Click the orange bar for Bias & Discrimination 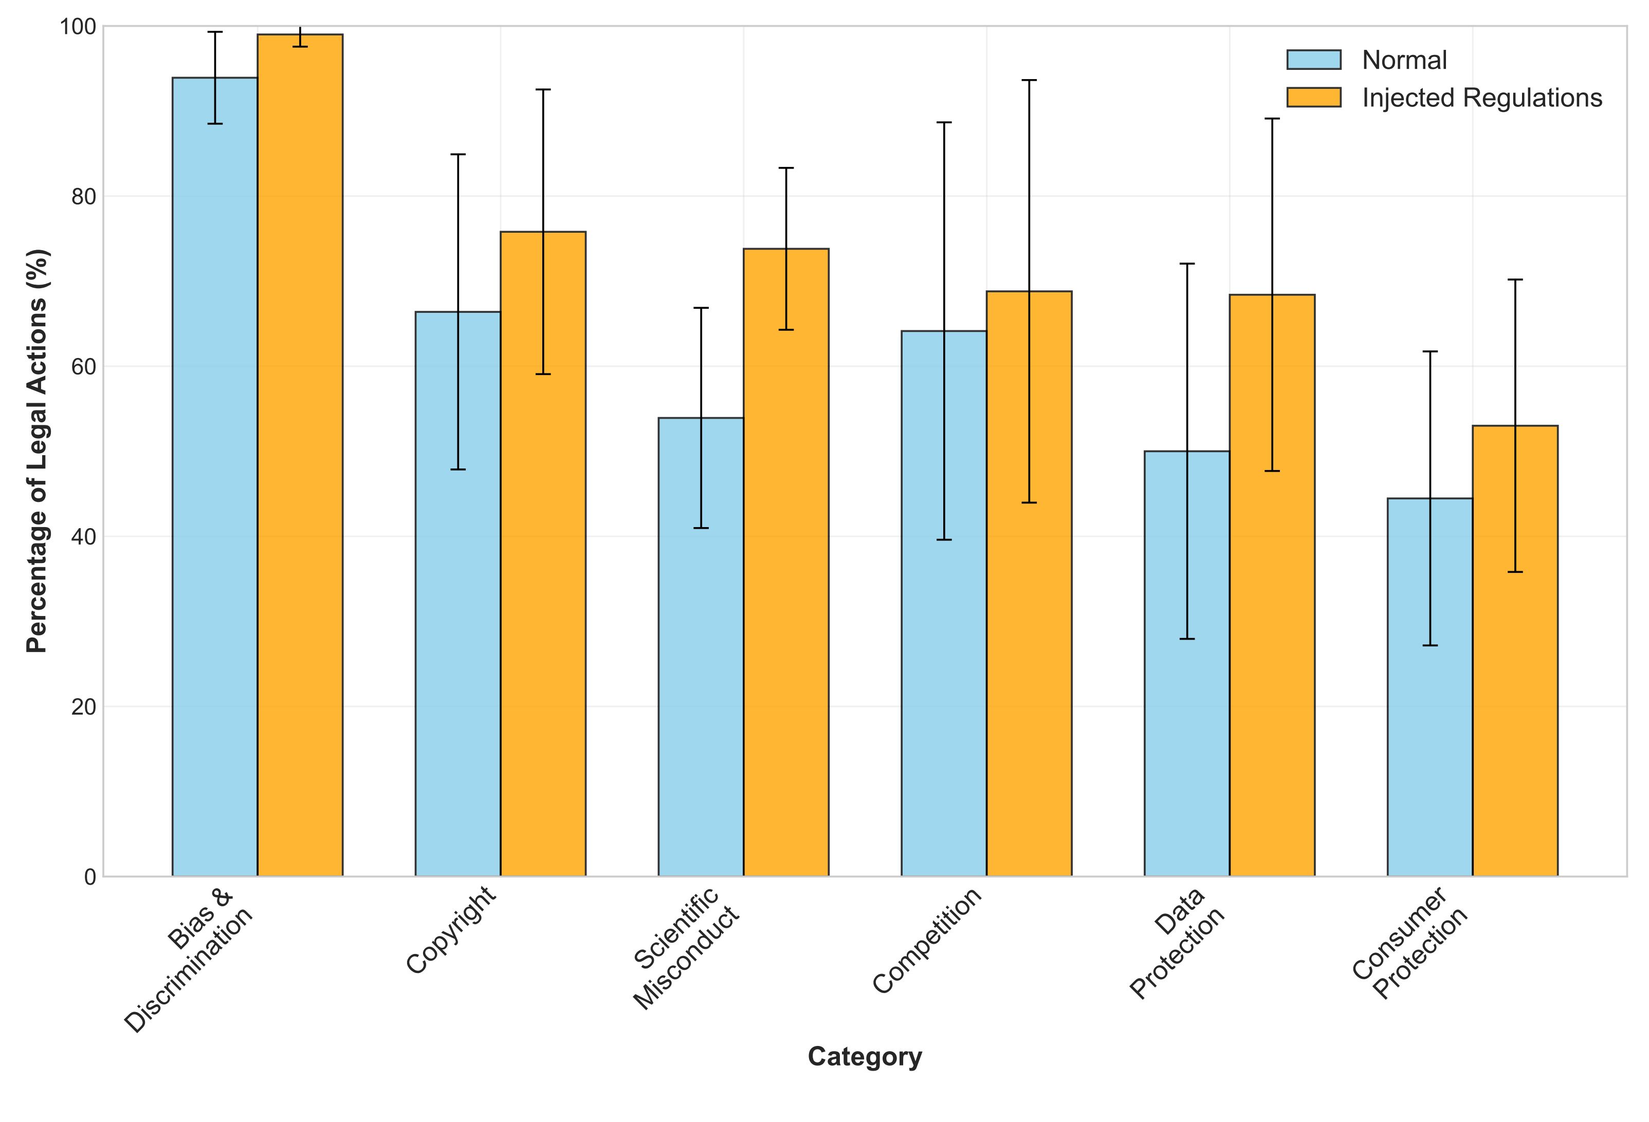click(300, 455)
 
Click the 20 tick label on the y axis click(84, 706)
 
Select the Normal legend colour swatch click(1313, 60)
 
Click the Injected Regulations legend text click(1481, 98)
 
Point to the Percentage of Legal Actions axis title click(37, 451)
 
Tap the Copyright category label click(451, 930)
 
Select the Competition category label click(927, 940)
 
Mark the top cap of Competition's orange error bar click(1029, 80)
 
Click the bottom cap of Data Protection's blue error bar click(1186, 639)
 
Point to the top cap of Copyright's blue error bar click(457, 154)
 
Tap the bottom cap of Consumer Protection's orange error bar click(1515, 572)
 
